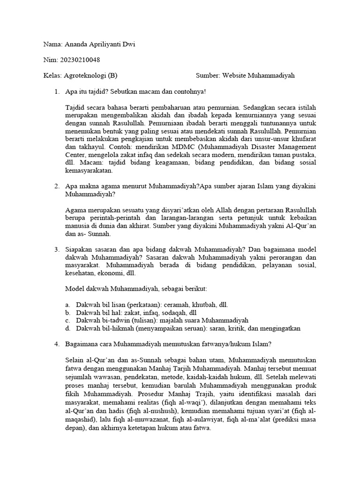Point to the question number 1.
[57, 91]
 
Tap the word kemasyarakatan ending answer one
[89, 171]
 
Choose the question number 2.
[57, 186]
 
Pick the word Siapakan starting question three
[80, 250]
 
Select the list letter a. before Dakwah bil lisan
[68, 305]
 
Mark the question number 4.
[57, 345]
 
